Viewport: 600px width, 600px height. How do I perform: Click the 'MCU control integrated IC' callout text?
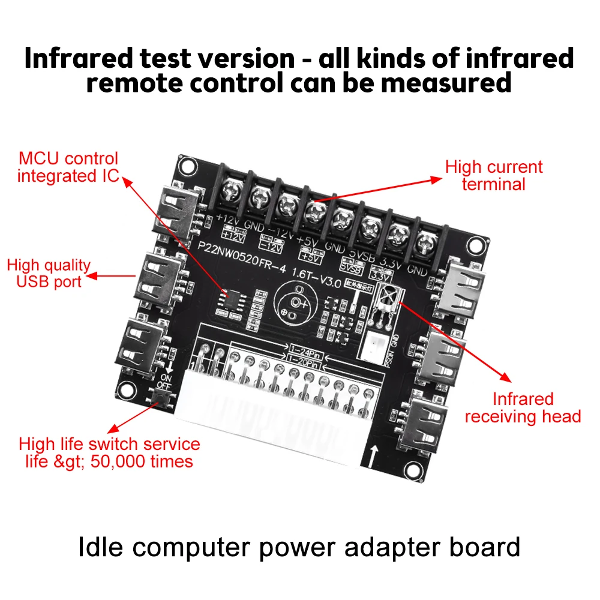click(68, 167)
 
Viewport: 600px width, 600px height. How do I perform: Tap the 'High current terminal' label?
click(493, 175)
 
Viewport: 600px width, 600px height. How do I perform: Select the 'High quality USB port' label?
click(49, 273)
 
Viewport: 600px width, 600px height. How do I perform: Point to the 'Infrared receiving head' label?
click(523, 407)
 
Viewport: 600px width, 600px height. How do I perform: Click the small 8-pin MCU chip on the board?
click(232, 298)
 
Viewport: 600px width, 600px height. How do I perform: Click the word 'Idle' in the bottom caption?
click(100, 547)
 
